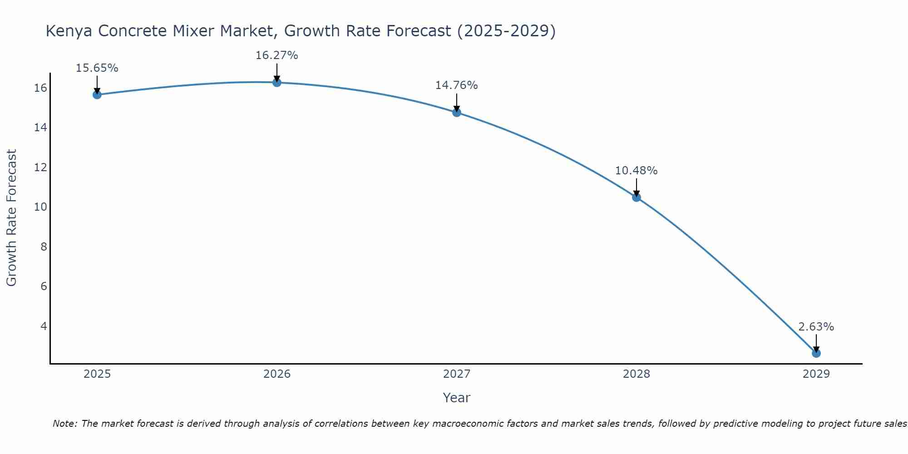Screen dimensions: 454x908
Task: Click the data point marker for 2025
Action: (x=97, y=94)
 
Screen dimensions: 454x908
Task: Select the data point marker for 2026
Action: (x=276, y=82)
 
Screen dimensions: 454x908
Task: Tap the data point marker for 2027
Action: (x=456, y=112)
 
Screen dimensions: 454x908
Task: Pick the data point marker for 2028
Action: (x=636, y=197)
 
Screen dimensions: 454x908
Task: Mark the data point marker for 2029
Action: (x=816, y=353)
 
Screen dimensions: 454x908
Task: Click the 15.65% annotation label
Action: (x=97, y=68)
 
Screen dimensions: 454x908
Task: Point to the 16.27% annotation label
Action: (x=276, y=55)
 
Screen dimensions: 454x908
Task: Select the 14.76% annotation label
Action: (x=456, y=85)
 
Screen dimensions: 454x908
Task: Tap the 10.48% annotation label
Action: (x=636, y=171)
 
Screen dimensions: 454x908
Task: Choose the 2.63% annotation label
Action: (x=816, y=327)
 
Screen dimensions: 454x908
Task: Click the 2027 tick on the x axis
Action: (x=456, y=374)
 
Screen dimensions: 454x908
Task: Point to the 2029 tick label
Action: (x=816, y=374)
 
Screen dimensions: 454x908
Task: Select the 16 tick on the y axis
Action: (x=40, y=88)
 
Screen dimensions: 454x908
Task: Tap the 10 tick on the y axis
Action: (x=40, y=207)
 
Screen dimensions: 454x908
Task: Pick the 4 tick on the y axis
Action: (x=44, y=326)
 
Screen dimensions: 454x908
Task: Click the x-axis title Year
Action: (x=456, y=398)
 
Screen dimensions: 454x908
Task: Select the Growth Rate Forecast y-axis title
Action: (x=11, y=218)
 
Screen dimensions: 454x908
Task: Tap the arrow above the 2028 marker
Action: (x=636, y=187)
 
